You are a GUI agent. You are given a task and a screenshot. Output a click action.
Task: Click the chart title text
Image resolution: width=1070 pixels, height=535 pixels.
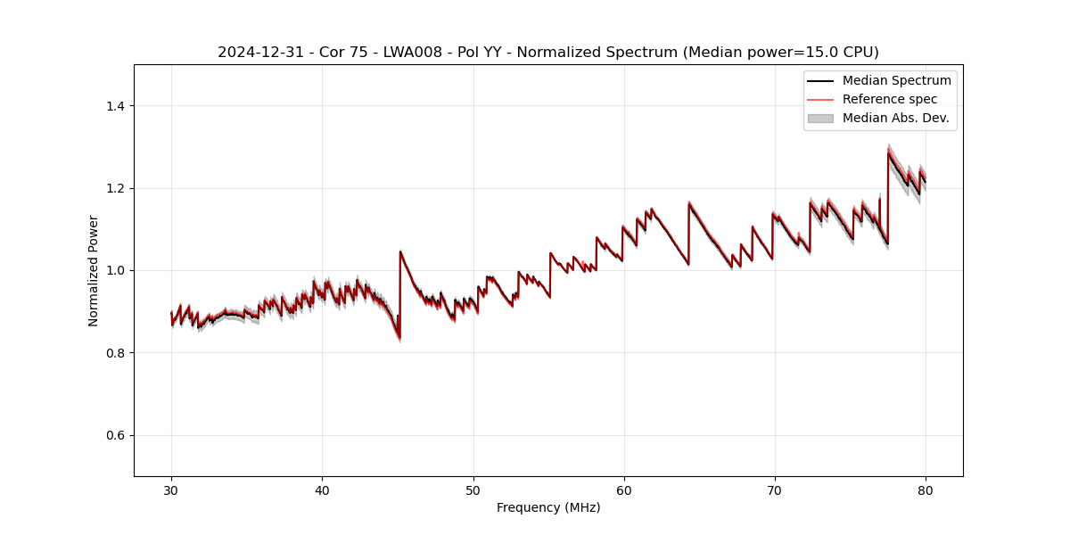547,53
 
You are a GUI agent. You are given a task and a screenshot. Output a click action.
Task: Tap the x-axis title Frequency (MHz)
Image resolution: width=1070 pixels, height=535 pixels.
548,507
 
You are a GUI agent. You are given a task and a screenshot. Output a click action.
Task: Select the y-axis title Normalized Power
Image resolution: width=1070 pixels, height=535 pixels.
93,270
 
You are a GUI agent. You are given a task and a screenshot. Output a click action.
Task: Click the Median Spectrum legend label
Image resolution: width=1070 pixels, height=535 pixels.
896,80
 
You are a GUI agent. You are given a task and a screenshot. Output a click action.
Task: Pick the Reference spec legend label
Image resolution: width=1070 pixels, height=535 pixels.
889,99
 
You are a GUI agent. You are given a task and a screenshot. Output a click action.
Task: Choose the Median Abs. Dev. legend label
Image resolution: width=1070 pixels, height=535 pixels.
895,118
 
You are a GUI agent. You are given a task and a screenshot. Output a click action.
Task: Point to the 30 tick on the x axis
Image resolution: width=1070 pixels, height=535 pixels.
171,490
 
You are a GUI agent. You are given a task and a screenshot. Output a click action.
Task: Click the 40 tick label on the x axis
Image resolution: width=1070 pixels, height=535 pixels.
322,490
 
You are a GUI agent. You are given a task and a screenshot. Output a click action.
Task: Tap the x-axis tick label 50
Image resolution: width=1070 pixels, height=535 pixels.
473,490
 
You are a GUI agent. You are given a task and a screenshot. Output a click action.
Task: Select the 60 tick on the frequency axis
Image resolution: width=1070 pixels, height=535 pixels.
624,490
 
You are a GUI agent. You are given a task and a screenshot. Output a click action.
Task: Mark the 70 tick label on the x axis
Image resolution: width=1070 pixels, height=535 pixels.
775,490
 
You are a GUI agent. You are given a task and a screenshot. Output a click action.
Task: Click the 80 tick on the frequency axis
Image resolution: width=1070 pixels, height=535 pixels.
926,490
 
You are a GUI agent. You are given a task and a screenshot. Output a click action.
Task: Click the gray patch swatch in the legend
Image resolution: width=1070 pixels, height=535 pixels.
820,118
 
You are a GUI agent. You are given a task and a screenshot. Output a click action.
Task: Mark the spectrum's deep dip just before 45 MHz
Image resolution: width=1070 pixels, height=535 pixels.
399,337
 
